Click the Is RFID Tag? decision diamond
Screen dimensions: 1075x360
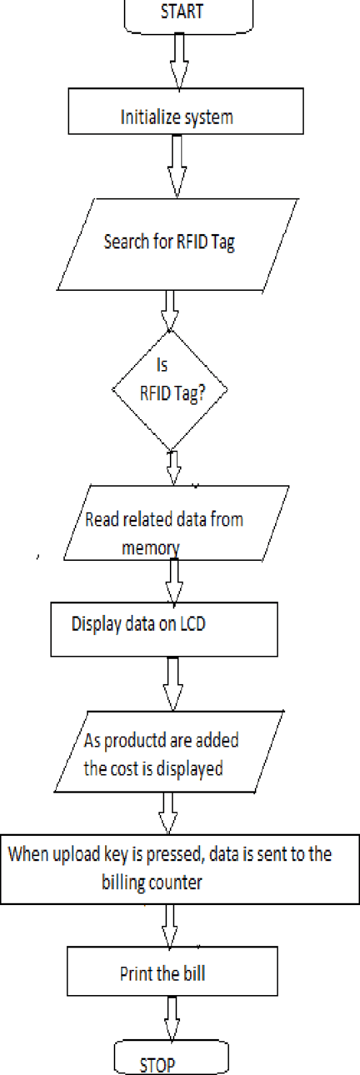pyautogui.click(x=170, y=390)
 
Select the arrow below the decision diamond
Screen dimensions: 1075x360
pyautogui.click(x=173, y=468)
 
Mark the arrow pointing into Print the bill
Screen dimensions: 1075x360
pyautogui.click(x=170, y=925)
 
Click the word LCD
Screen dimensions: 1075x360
pyautogui.click(x=192, y=624)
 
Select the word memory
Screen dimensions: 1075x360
pyautogui.click(x=150, y=548)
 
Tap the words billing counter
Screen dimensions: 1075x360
pyautogui.click(x=152, y=882)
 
